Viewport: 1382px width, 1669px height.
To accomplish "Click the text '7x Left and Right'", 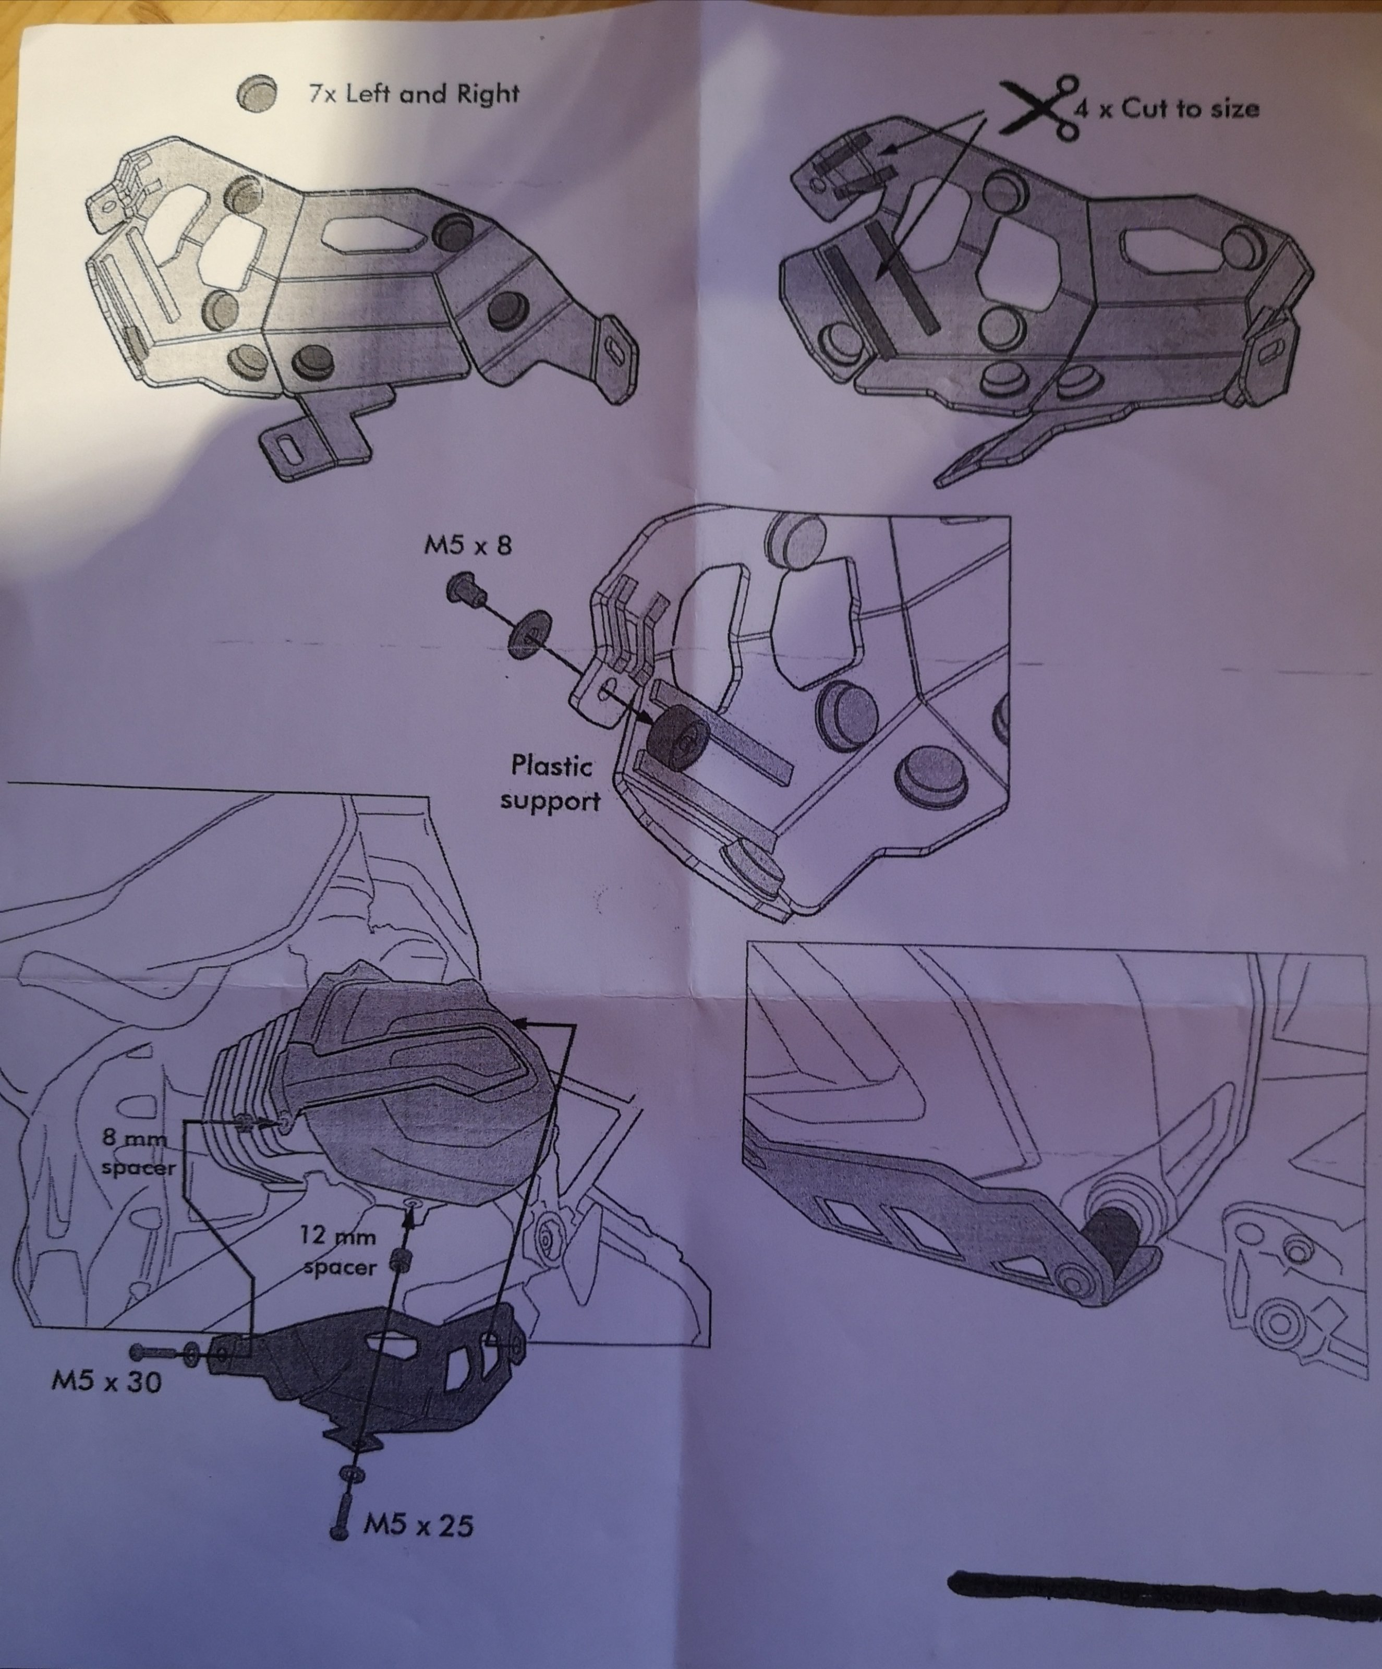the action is click(413, 94).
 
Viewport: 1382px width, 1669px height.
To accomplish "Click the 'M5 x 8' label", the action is click(467, 545).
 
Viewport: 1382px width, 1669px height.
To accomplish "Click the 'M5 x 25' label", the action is click(418, 1525).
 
